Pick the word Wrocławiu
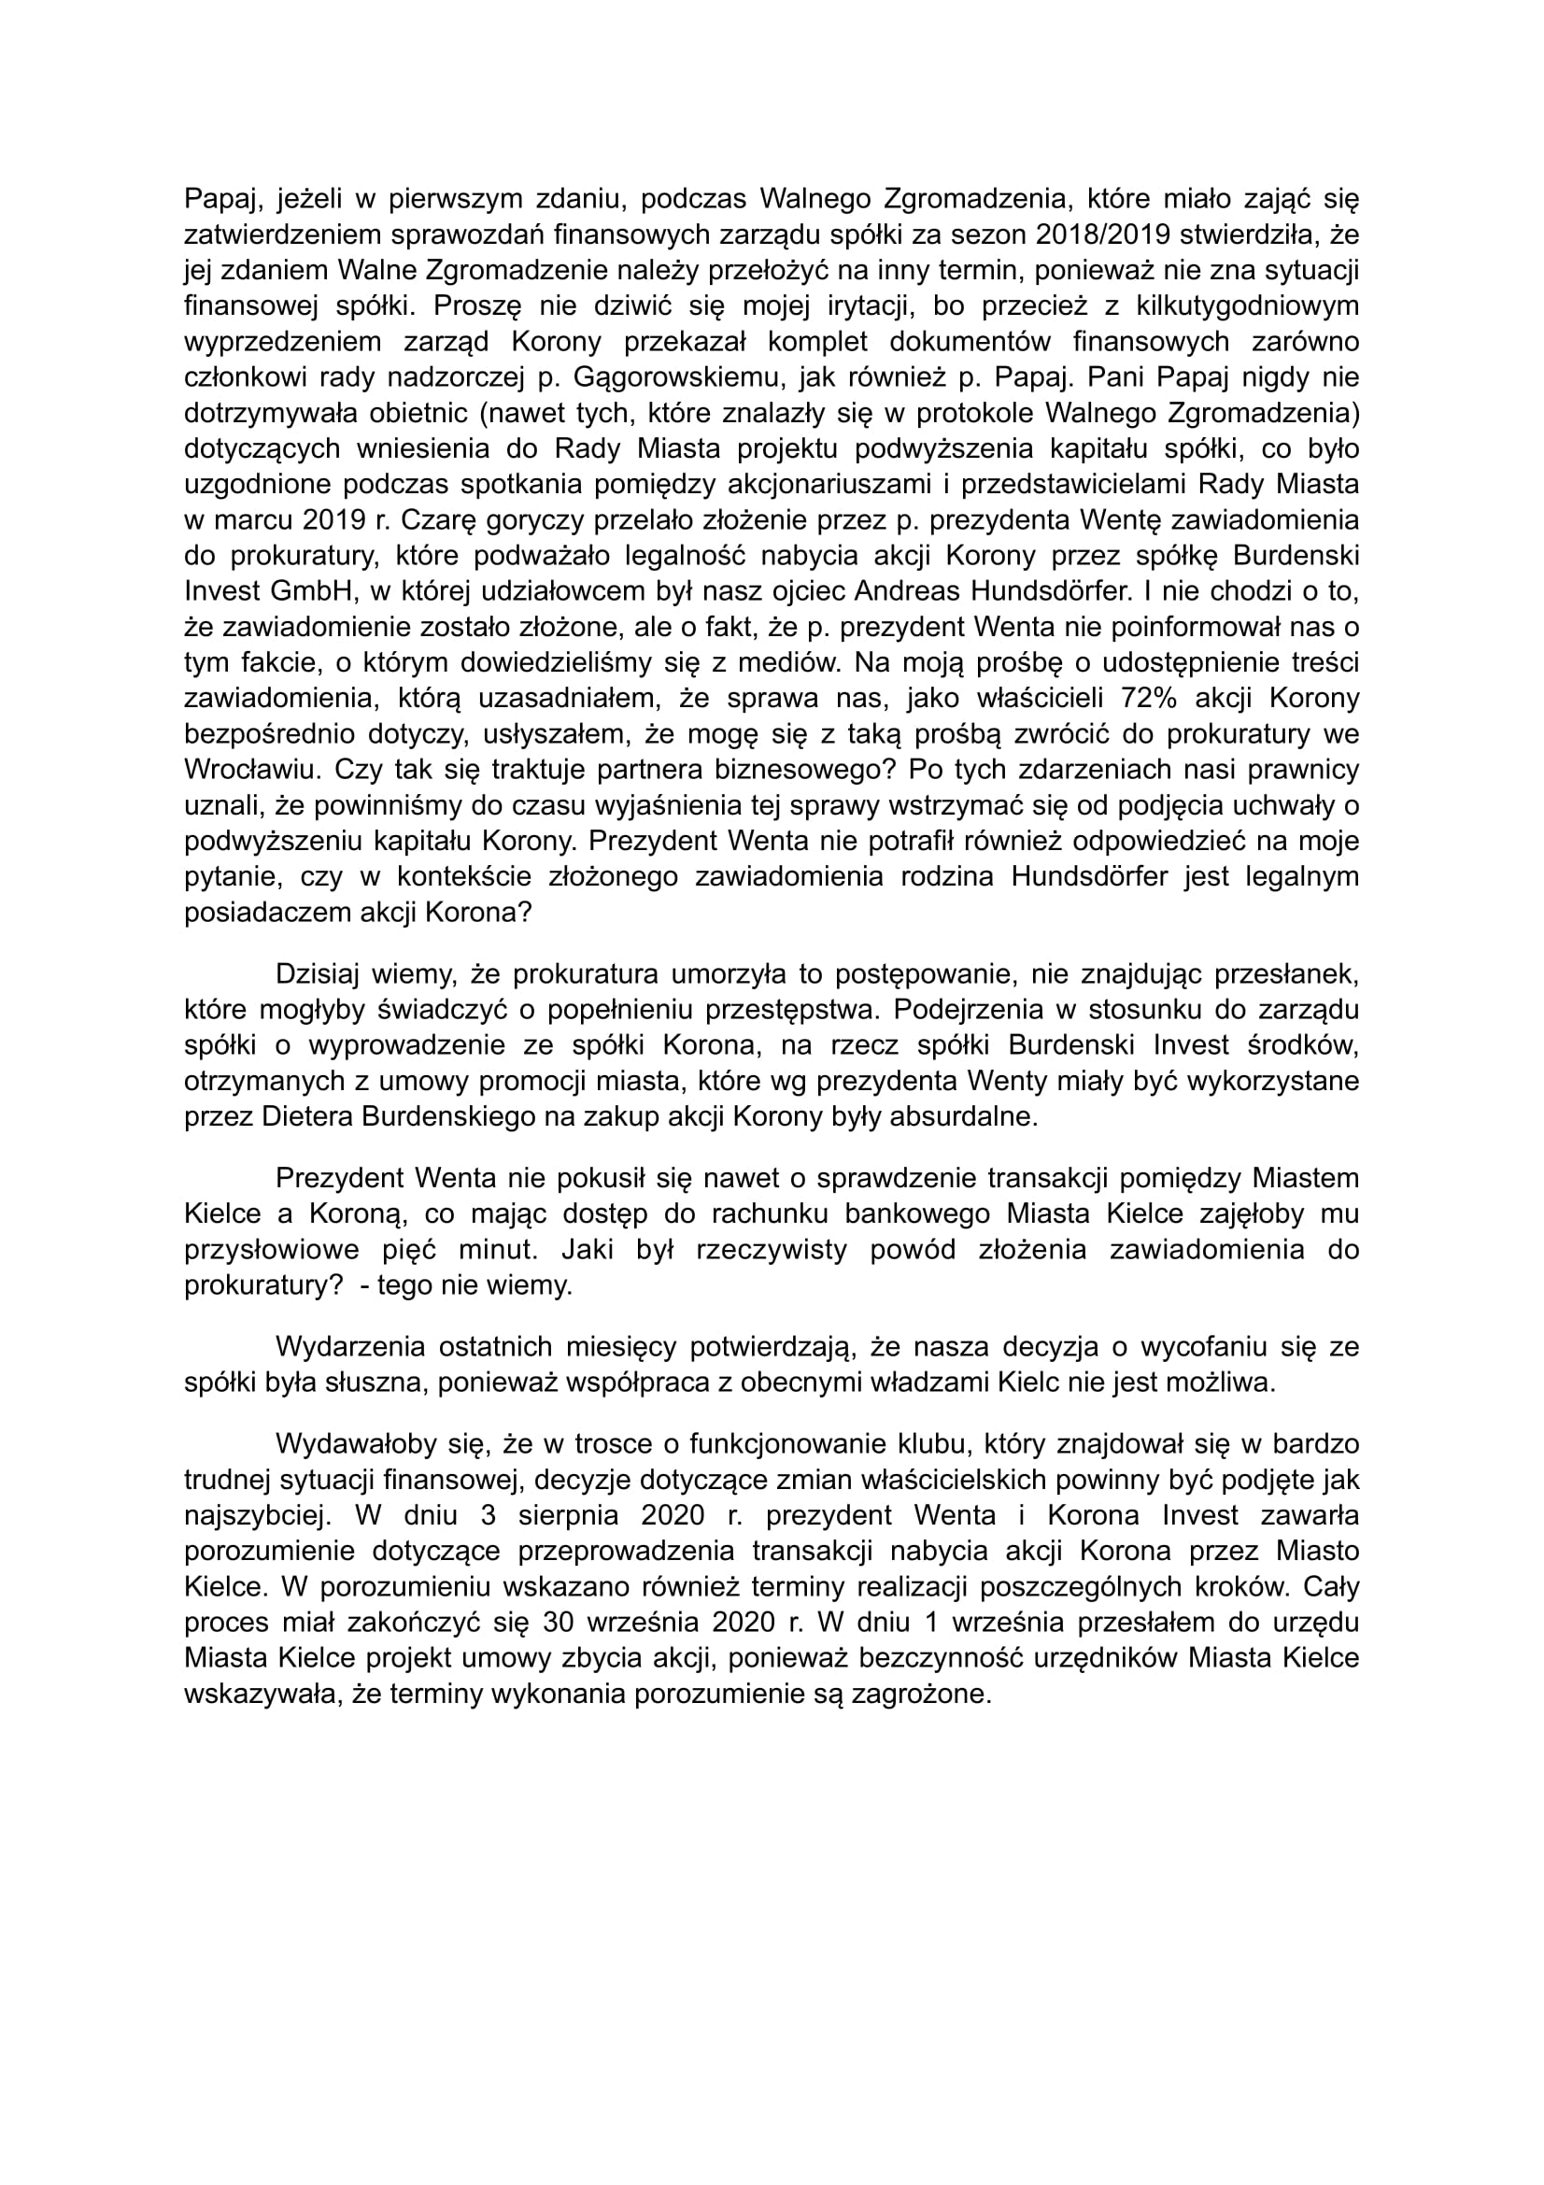(x=249, y=770)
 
